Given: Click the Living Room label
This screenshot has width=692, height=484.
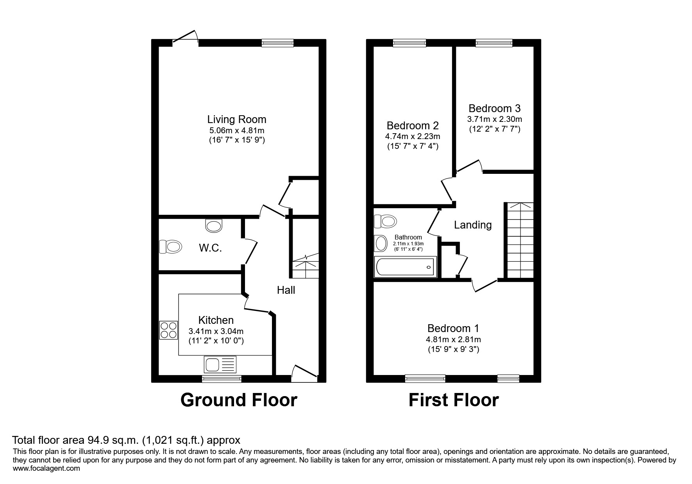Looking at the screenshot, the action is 237,120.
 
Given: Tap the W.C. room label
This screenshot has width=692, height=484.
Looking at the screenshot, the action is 210,248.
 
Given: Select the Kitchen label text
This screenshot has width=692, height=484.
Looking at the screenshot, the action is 216,320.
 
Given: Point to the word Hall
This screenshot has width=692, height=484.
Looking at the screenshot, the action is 286,290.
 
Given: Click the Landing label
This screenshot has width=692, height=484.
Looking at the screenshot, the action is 473,225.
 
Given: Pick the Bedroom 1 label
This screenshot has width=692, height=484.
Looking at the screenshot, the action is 453,328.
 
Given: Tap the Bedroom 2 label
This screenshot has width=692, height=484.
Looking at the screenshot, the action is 413,126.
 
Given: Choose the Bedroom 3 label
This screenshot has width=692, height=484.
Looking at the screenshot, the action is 495,108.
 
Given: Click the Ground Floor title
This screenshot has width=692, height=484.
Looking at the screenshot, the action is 239,400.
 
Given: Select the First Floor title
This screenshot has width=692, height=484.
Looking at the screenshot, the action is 454,400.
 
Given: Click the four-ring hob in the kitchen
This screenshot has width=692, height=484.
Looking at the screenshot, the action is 168,330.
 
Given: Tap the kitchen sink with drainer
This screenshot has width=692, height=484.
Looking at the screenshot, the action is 220,364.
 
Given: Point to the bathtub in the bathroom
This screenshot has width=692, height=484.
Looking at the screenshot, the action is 405,267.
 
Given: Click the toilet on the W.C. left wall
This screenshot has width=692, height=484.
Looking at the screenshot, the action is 170,246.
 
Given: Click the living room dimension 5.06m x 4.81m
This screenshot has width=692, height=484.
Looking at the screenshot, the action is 237,130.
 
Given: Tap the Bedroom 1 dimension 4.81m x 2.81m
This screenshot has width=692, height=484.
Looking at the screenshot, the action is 453,339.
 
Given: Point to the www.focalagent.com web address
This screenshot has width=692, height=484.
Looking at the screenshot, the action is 46,468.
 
